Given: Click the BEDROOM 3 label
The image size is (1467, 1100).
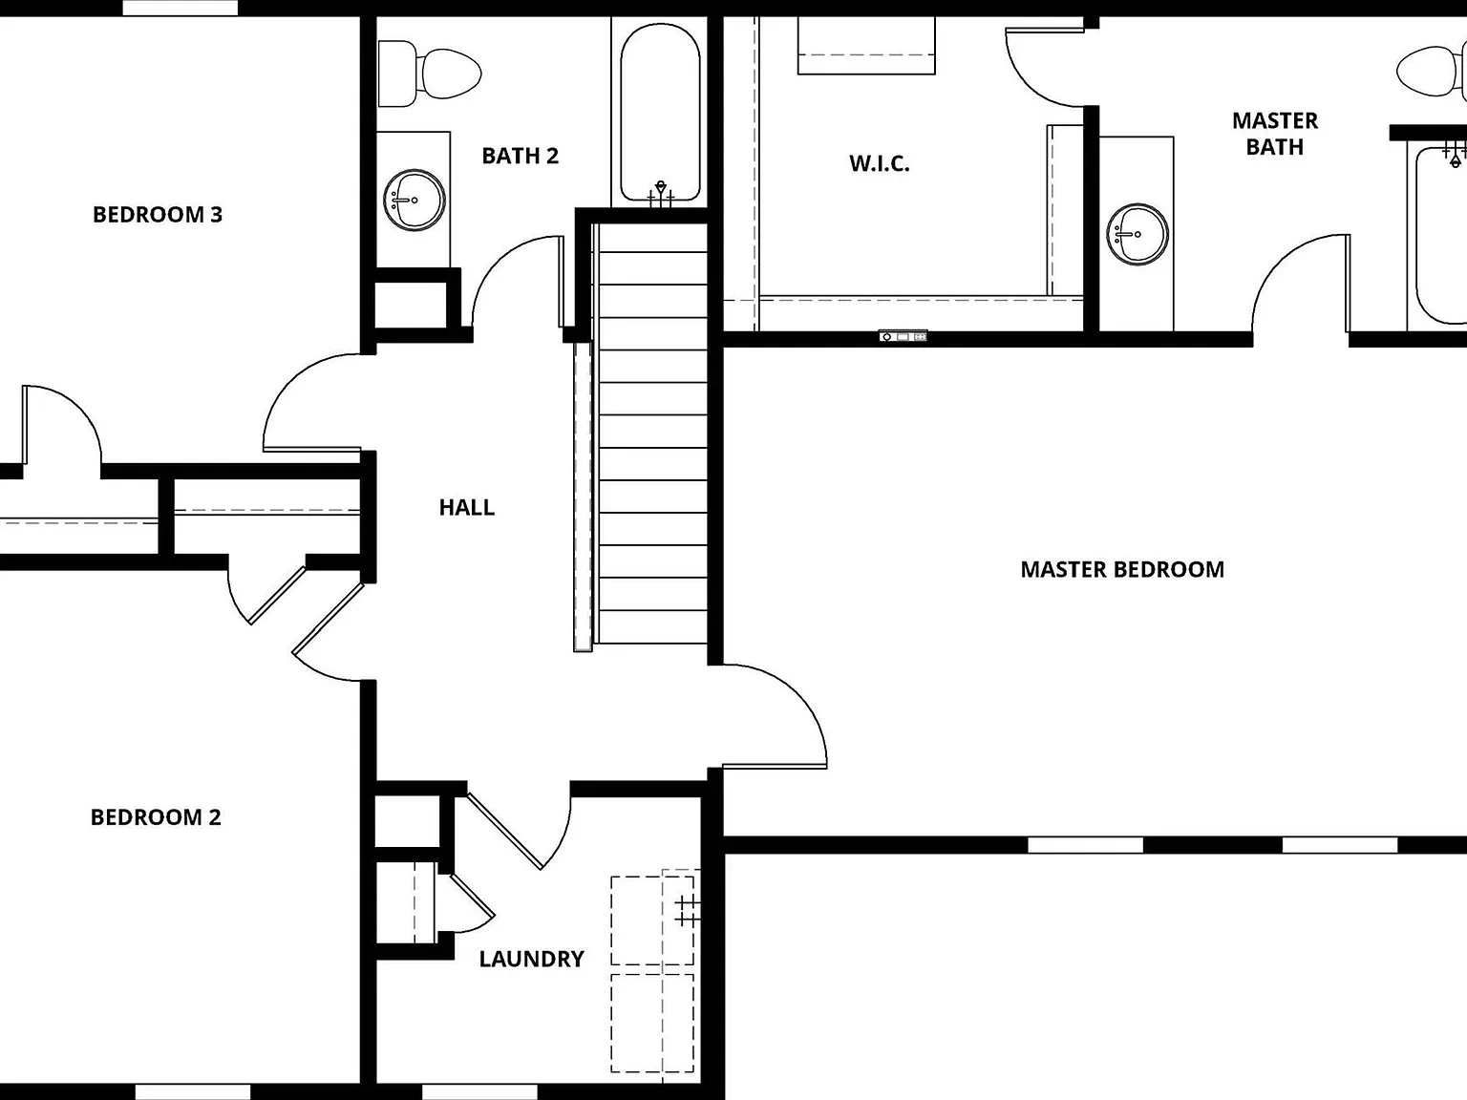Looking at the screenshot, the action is [x=157, y=215].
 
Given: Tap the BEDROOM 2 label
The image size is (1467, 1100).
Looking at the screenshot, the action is [x=156, y=816].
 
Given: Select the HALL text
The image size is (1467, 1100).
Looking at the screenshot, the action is [x=466, y=508].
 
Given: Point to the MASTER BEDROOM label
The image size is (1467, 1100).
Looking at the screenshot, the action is [x=1122, y=570].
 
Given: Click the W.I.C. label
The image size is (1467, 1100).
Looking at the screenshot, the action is [x=879, y=163].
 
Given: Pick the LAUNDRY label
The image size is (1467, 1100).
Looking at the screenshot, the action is [x=531, y=959].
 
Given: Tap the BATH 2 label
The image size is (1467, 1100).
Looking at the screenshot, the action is [x=520, y=156].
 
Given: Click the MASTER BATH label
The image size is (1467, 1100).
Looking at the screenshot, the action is [x=1274, y=134].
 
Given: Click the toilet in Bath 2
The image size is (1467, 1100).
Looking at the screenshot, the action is [x=430, y=74].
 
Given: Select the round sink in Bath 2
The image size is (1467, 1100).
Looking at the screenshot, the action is [x=415, y=200].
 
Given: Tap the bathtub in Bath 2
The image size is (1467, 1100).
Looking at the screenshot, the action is [x=660, y=113].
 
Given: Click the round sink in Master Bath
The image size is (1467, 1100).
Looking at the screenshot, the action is [x=1137, y=235].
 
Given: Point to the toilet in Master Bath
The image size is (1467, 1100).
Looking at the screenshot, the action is [x=1432, y=72].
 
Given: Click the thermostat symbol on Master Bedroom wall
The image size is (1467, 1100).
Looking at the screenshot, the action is [x=903, y=337].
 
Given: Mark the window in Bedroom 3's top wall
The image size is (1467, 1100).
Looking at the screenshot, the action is [x=181, y=8].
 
